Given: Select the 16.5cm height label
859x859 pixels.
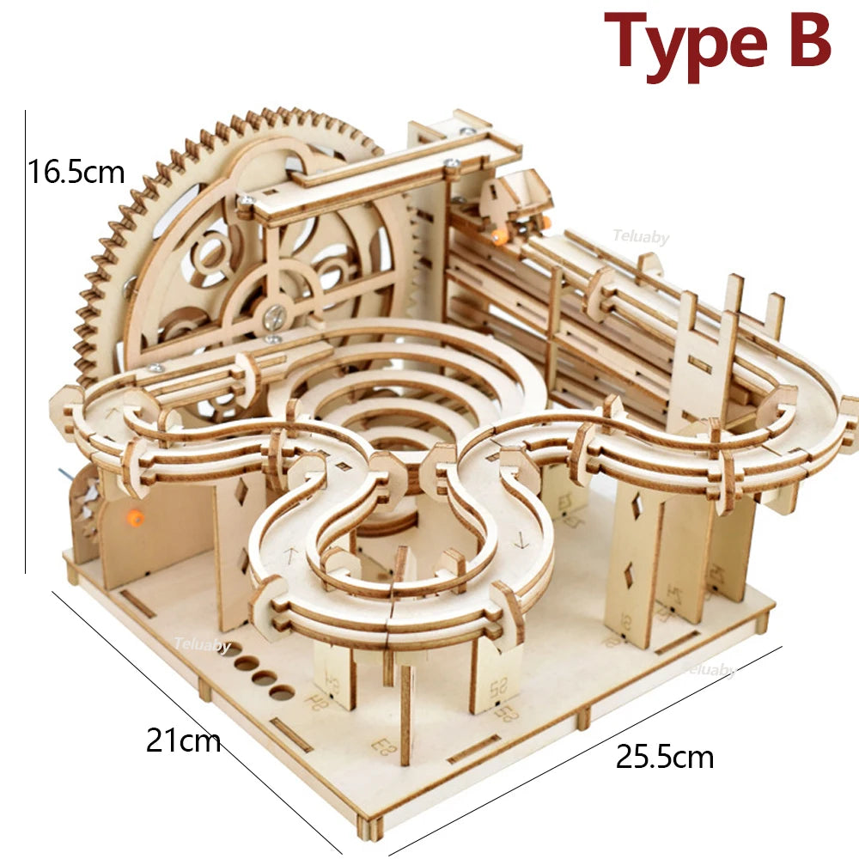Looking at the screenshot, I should click(x=76, y=172).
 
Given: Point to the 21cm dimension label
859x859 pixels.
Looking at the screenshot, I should click(x=183, y=740).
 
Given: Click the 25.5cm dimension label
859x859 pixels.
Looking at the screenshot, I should click(x=664, y=758).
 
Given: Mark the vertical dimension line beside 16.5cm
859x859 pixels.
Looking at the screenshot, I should click(x=26, y=344).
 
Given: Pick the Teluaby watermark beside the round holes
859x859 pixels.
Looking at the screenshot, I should click(x=202, y=644).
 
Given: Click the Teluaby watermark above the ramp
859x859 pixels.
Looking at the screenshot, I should click(x=640, y=237).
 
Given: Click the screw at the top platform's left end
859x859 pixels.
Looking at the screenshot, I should click(x=247, y=200).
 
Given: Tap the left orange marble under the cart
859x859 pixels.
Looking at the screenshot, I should click(x=498, y=234).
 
